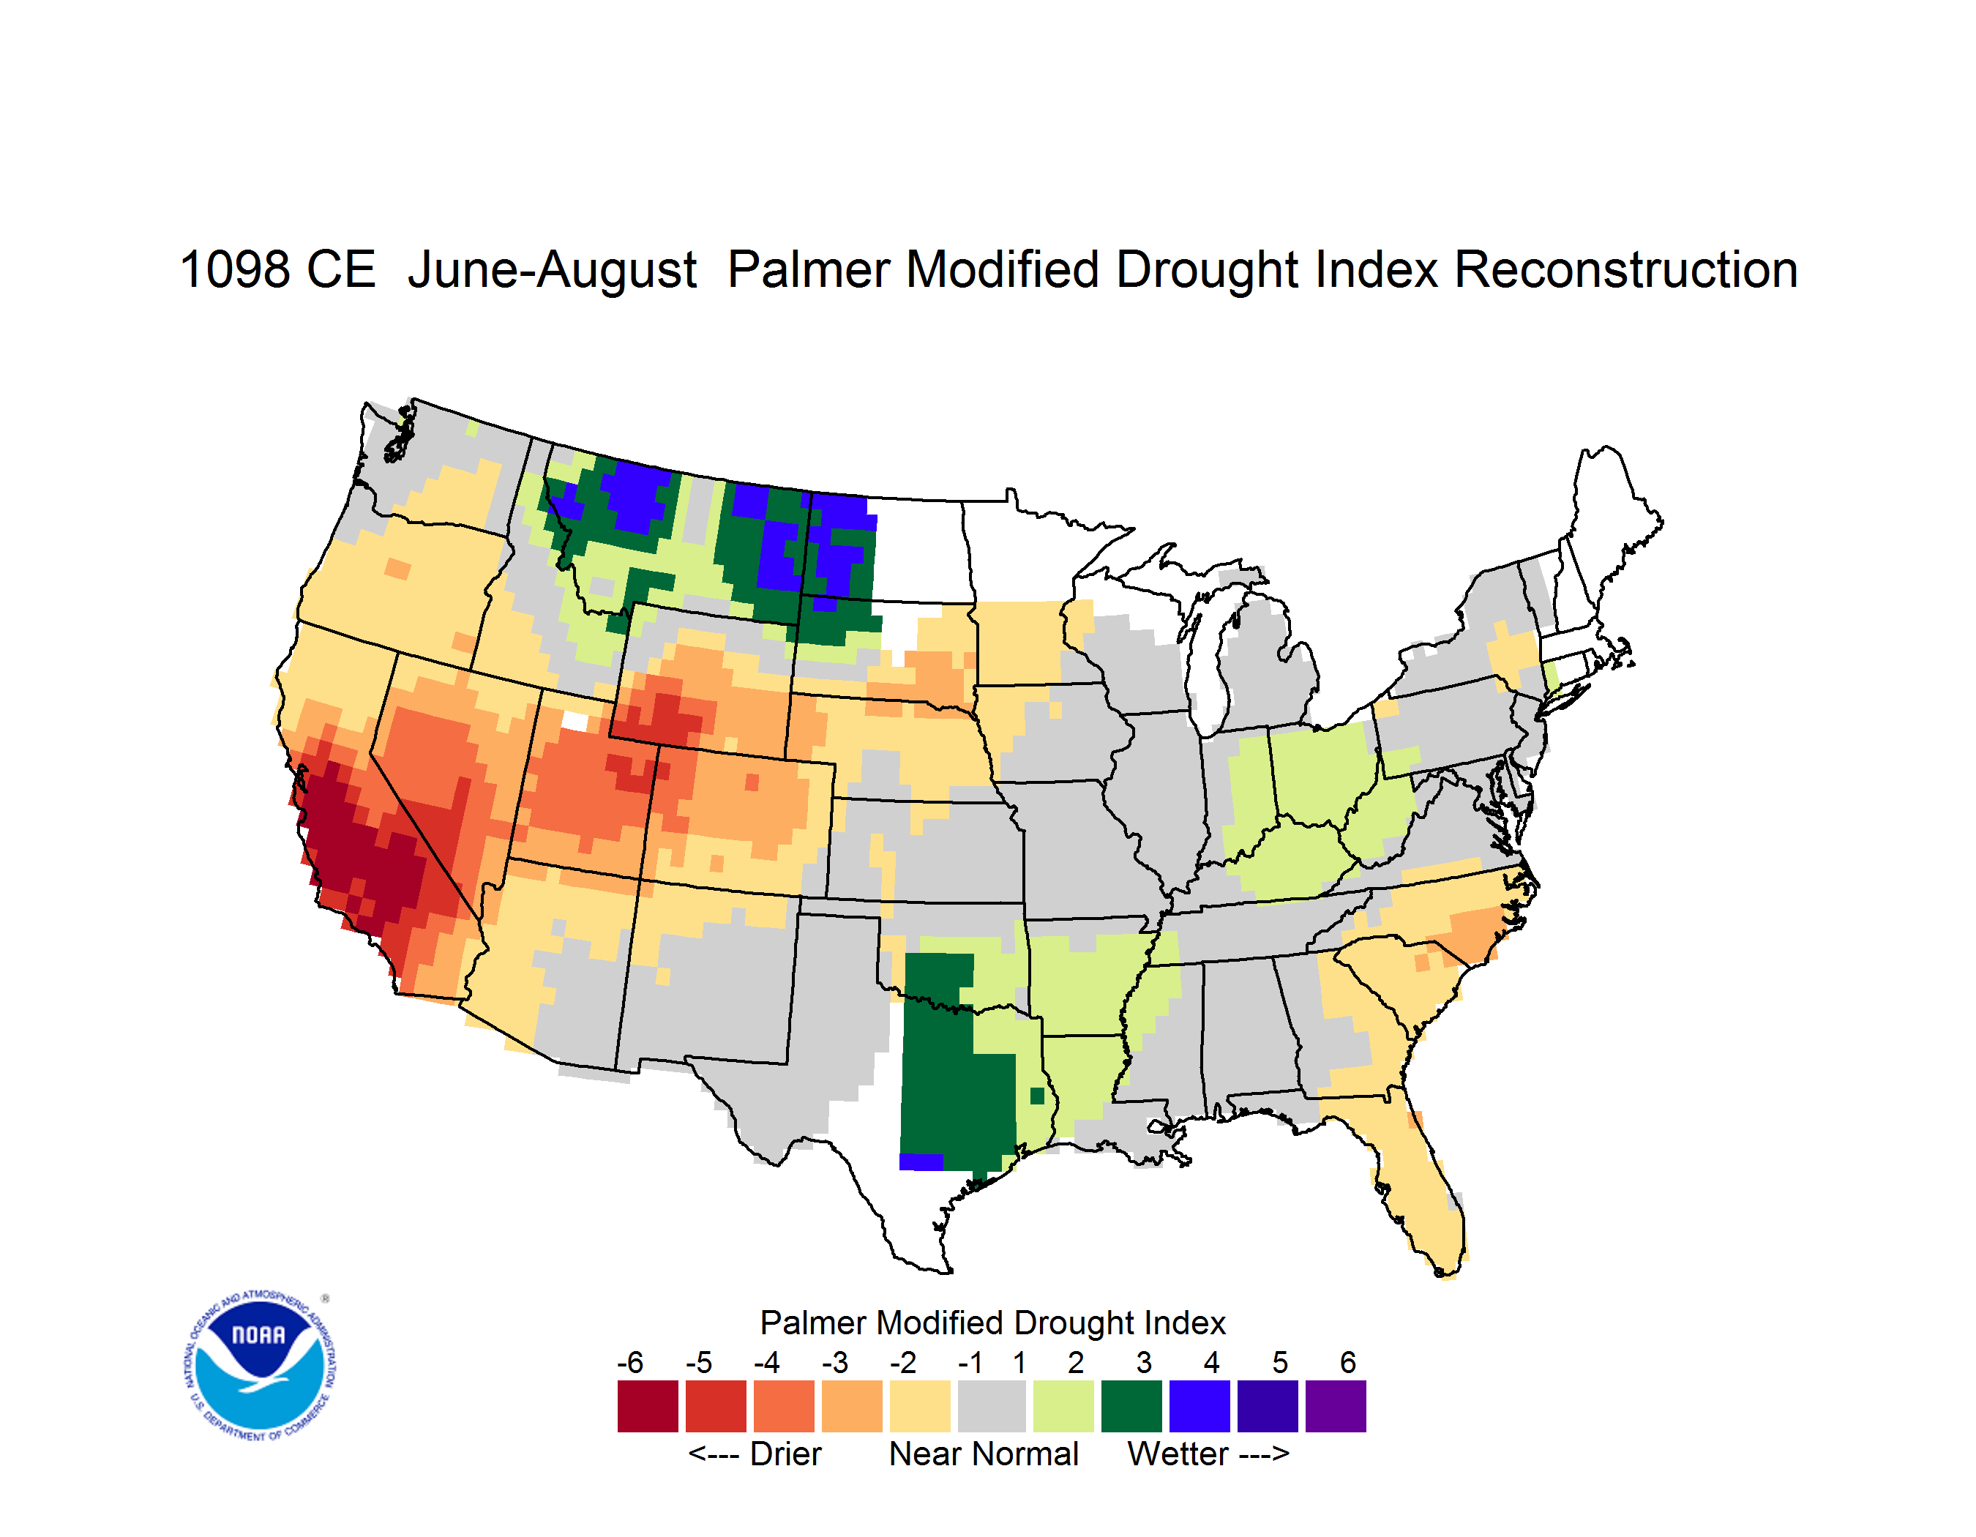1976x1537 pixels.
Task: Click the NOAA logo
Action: (x=260, y=1366)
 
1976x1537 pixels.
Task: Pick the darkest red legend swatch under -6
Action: (x=648, y=1406)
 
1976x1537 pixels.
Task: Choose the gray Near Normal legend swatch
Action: (x=992, y=1406)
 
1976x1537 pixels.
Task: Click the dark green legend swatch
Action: (x=1131, y=1406)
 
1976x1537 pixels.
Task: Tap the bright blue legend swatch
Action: (x=1200, y=1406)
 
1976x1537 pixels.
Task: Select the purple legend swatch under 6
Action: (x=1336, y=1406)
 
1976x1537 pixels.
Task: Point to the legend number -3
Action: (x=834, y=1362)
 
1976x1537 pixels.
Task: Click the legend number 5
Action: (x=1280, y=1362)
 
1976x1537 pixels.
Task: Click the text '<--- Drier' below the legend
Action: (x=755, y=1454)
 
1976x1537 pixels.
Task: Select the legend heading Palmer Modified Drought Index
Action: (x=992, y=1323)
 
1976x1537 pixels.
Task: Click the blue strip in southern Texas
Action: (x=921, y=1162)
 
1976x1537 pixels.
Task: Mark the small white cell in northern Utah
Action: (x=575, y=721)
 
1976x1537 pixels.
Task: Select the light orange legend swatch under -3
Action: (x=851, y=1406)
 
